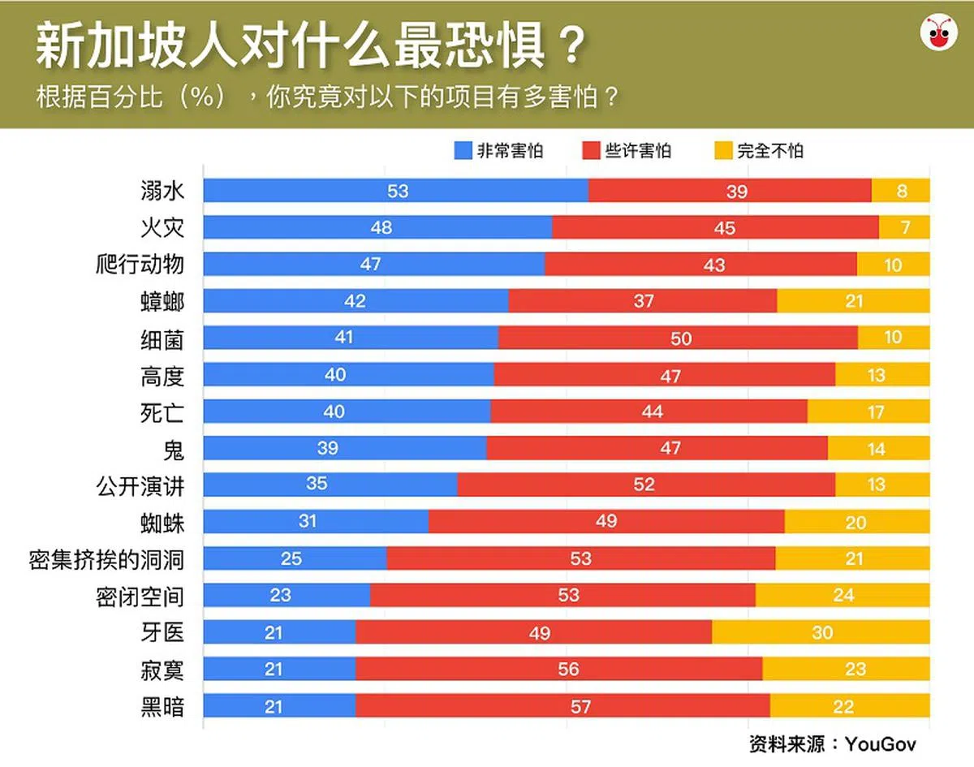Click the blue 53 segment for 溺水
(396, 191)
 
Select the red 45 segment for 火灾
(715, 228)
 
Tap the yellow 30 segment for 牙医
(821, 633)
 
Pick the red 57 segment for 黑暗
(562, 706)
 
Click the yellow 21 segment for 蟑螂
(853, 301)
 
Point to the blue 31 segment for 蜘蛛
(316, 522)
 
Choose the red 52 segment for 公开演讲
(646, 485)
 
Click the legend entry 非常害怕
(499, 151)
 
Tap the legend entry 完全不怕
(759, 151)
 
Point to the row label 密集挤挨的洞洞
(106, 559)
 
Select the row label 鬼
(173, 449)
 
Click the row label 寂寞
(162, 670)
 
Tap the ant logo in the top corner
(939, 33)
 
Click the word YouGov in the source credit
(881, 744)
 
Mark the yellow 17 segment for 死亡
(868, 412)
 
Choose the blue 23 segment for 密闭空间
(287, 596)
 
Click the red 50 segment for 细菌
(678, 338)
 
